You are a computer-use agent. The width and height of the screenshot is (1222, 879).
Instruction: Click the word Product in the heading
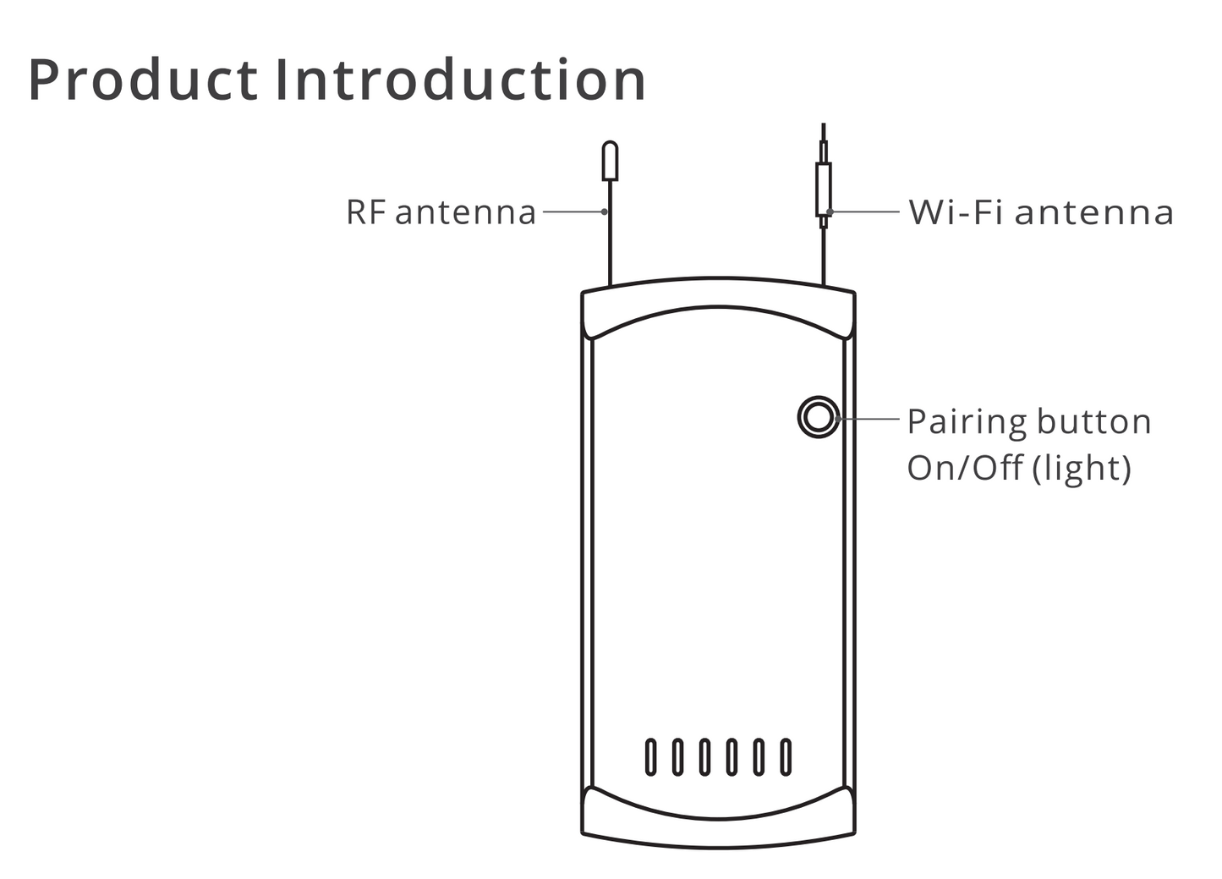click(x=142, y=80)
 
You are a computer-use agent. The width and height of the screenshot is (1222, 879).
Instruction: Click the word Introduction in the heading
click(x=461, y=80)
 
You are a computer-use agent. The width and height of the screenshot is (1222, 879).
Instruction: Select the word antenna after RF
click(x=465, y=212)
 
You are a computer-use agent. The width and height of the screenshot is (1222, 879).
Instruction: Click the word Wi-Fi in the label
click(x=956, y=212)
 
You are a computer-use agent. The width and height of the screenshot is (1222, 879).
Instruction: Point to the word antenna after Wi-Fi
click(x=1094, y=212)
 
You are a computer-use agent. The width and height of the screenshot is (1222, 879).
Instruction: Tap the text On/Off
click(x=965, y=468)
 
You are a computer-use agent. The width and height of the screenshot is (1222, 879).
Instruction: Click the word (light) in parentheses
click(x=1082, y=469)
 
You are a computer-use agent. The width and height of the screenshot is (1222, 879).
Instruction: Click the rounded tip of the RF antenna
click(x=609, y=161)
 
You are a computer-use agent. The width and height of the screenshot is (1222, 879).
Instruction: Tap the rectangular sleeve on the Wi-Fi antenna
click(x=824, y=190)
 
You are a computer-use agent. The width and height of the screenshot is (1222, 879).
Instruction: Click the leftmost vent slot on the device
click(x=650, y=757)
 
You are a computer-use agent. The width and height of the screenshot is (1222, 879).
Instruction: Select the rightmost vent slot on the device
click(x=786, y=757)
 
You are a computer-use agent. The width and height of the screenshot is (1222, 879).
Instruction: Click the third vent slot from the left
click(x=704, y=757)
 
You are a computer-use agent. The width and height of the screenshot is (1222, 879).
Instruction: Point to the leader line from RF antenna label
click(x=573, y=212)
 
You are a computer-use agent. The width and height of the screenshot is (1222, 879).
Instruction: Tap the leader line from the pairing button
click(x=869, y=418)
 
